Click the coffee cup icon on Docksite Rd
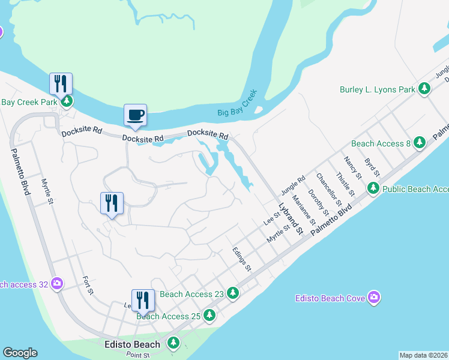pos(135,114)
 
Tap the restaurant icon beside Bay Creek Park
pos(61,83)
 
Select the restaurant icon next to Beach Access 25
pos(143,299)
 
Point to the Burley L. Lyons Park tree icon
pos(425,89)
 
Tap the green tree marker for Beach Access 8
pos(420,143)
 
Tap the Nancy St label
pos(352,169)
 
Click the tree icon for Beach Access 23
pos(233,294)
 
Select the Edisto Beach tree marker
pos(173,344)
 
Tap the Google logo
pos(20,353)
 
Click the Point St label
pos(137,355)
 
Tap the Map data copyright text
pos(423,355)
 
